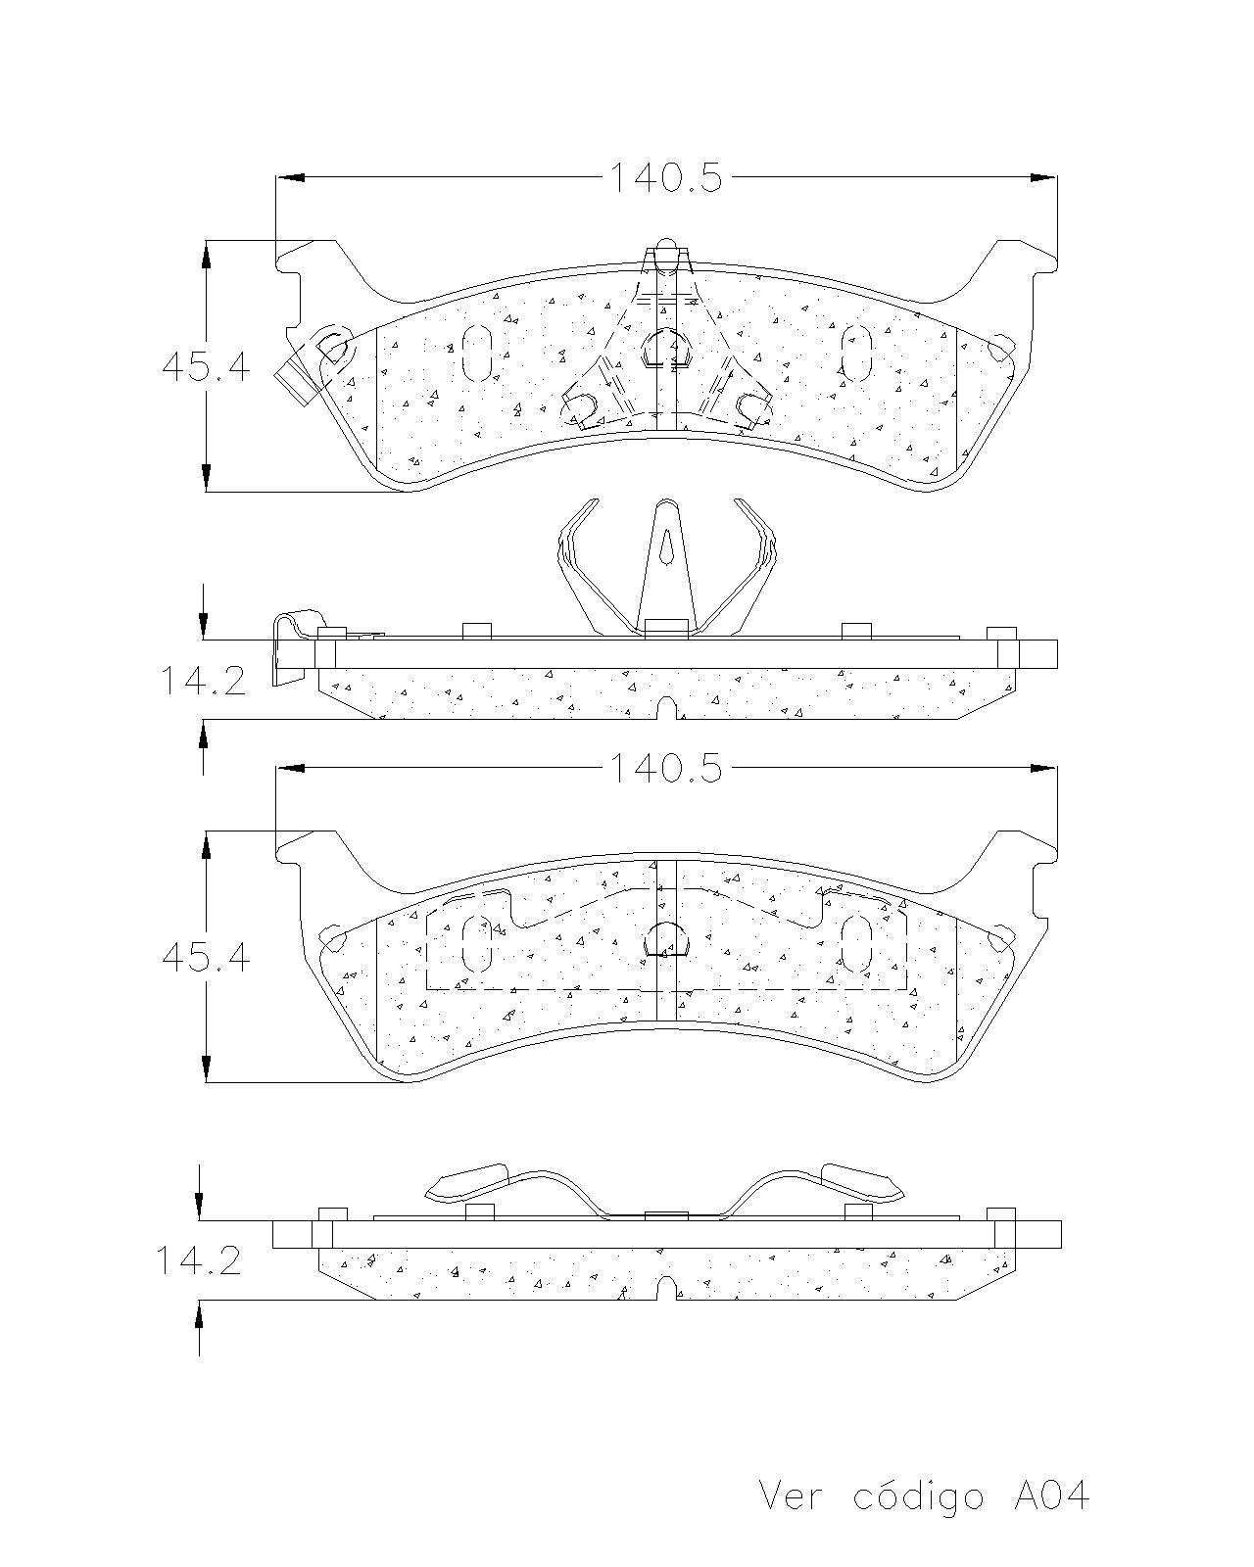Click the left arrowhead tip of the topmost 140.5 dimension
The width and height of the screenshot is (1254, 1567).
pos(277,177)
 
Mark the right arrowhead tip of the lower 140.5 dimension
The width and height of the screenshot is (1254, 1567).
pos(1056,768)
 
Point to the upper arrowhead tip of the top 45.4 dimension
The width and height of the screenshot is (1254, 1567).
pos(206,242)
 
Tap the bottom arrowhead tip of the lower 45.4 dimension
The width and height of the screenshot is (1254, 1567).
pos(206,1082)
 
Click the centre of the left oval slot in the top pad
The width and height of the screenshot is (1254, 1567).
pos(476,353)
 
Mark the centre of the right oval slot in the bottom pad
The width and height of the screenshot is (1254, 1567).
pos(856,944)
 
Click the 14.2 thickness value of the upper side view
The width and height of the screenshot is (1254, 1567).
pos(204,682)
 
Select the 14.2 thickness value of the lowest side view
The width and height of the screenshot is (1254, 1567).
pos(199,1260)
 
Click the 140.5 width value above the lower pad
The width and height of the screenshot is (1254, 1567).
pos(666,768)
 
